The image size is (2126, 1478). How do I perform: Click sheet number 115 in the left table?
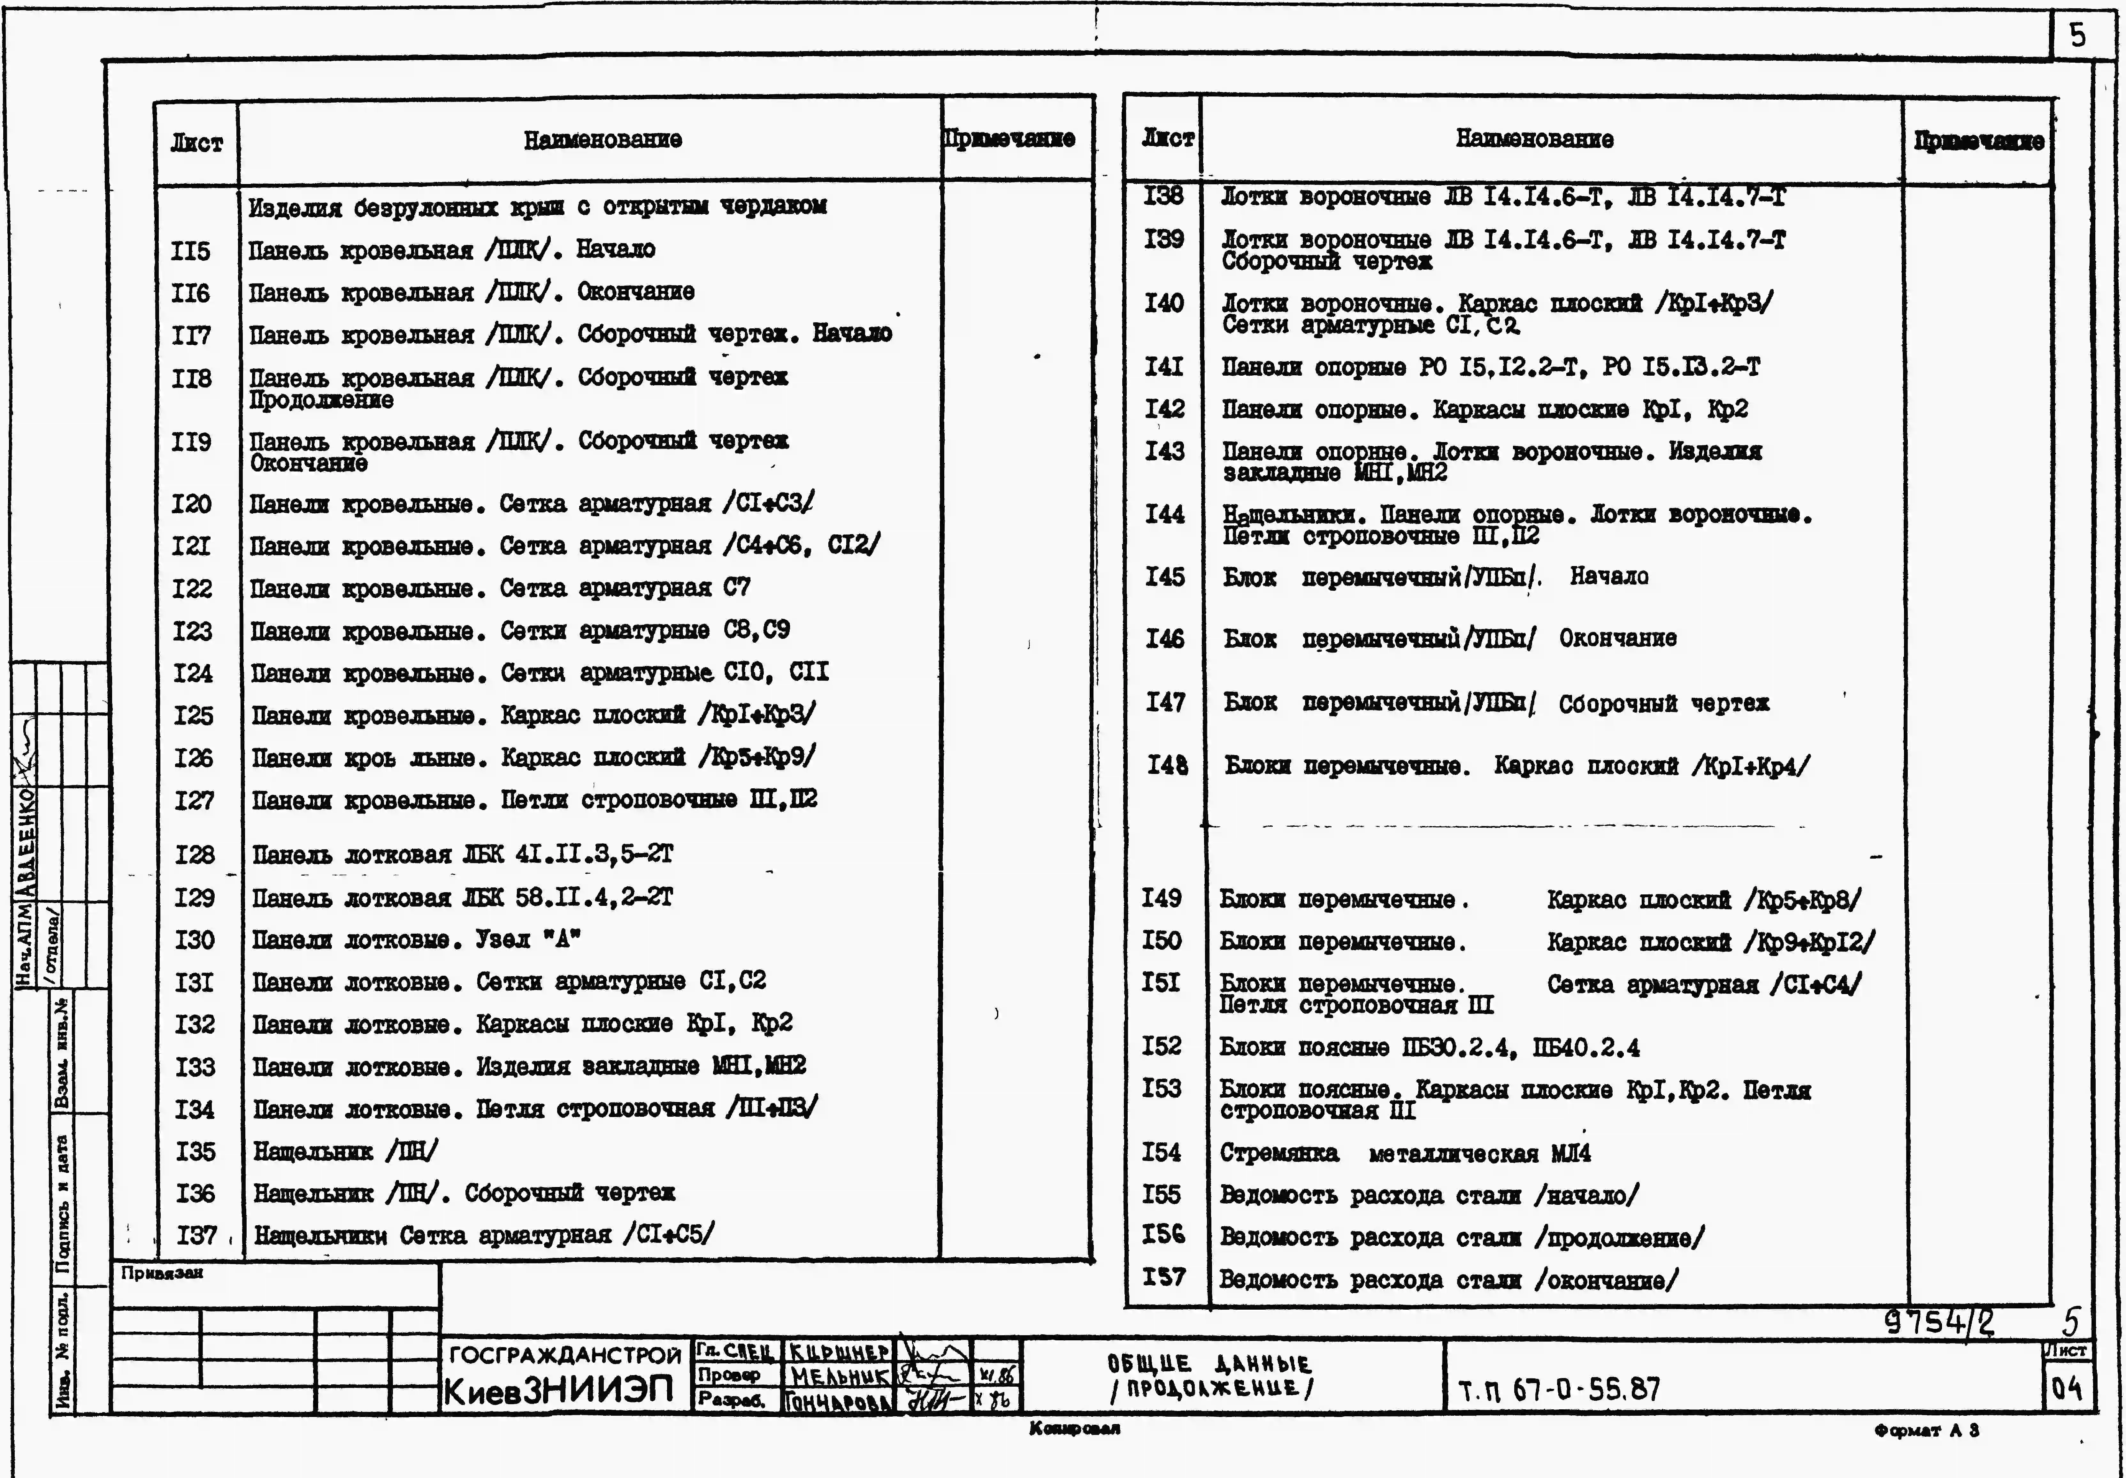191,251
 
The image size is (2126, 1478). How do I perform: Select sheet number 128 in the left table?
195,854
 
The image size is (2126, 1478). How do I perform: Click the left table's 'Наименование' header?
603,140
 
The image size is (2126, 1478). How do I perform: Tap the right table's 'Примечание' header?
1979,141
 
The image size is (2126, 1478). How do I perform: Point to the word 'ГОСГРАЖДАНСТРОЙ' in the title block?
565,1356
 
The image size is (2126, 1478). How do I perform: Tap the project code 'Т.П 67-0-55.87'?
1559,1389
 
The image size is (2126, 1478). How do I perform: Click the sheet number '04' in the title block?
2067,1388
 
